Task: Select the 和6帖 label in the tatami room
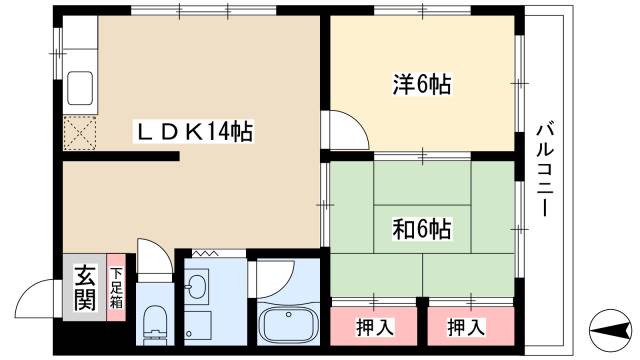click(x=420, y=229)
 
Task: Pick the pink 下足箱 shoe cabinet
click(x=116, y=288)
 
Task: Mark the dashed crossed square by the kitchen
click(x=78, y=132)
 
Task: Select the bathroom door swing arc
click(x=268, y=280)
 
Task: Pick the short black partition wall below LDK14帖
click(x=120, y=156)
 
